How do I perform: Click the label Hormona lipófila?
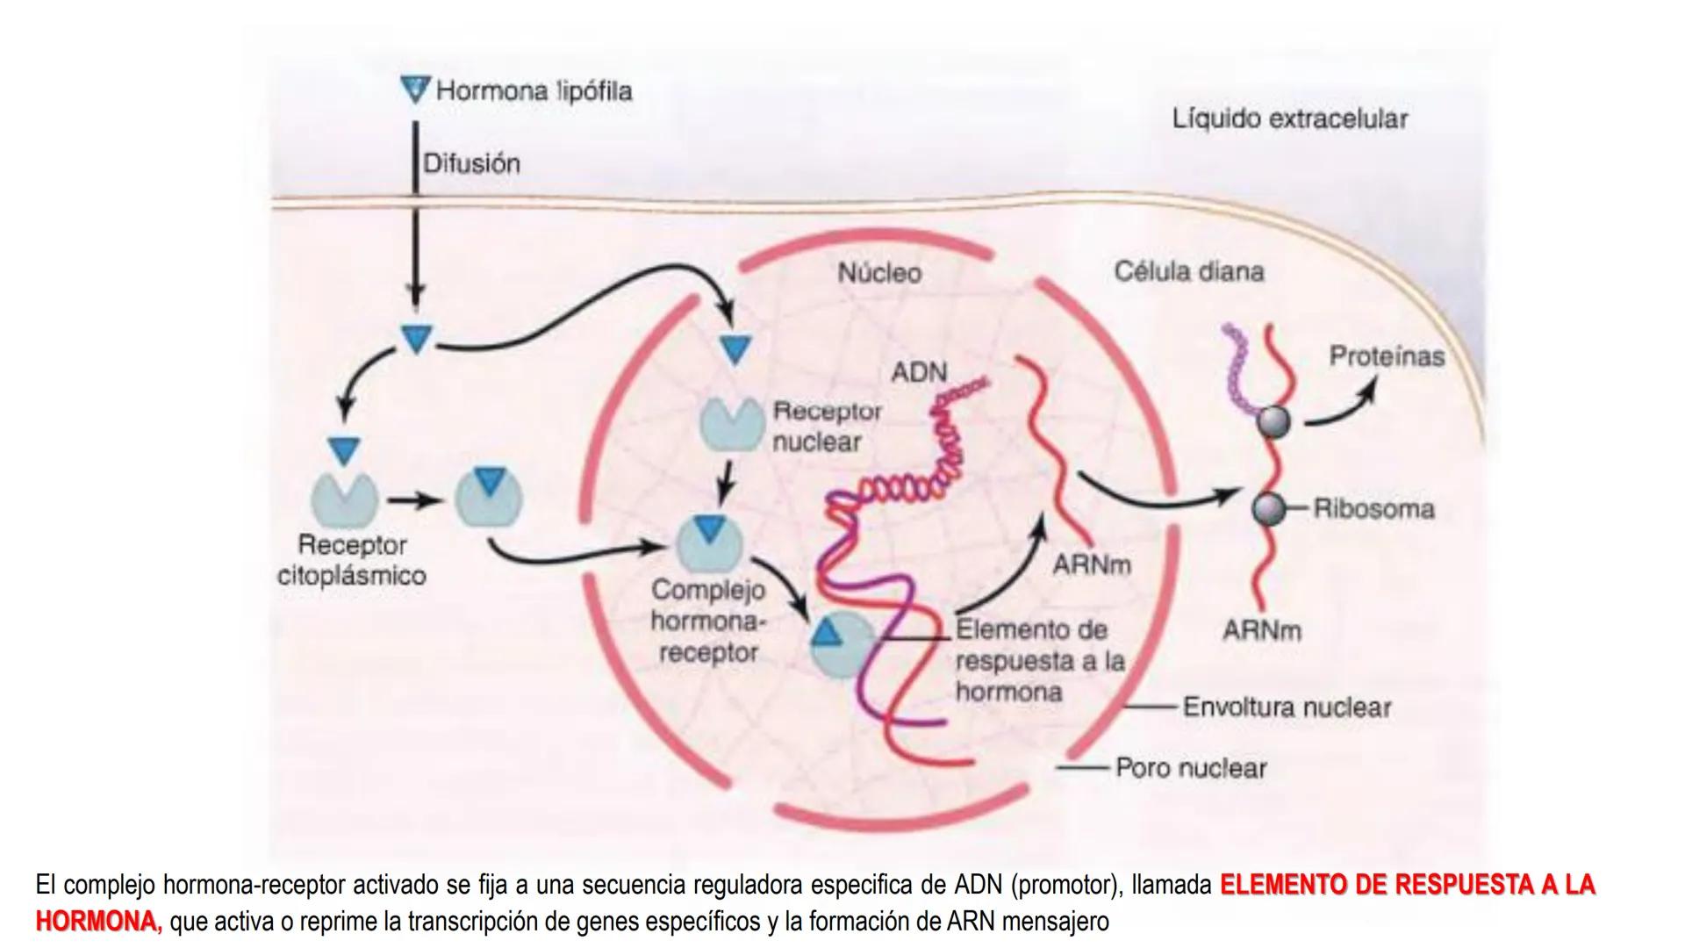pyautogui.click(x=534, y=91)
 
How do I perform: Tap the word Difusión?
pyautogui.click(x=471, y=164)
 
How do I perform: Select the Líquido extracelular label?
pyautogui.click(x=1289, y=119)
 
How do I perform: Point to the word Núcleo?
pyautogui.click(x=879, y=273)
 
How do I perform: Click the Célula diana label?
pyautogui.click(x=1189, y=271)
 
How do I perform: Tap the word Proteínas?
pyautogui.click(x=1386, y=356)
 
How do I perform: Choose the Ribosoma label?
pyautogui.click(x=1373, y=509)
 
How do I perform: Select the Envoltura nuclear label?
pyautogui.click(x=1287, y=707)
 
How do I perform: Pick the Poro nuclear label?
pyautogui.click(x=1191, y=769)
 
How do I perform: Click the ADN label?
pyautogui.click(x=919, y=373)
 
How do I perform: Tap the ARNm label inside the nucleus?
pyautogui.click(x=1092, y=565)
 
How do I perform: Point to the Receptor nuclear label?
pyautogui.click(x=826, y=427)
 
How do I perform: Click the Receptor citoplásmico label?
pyautogui.click(x=352, y=561)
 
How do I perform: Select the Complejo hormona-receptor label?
pyautogui.click(x=708, y=621)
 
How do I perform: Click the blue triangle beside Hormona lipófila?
pyautogui.click(x=414, y=89)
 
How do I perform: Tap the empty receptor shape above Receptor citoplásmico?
pyautogui.click(x=344, y=498)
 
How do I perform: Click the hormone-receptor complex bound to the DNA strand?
pyautogui.click(x=840, y=645)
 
